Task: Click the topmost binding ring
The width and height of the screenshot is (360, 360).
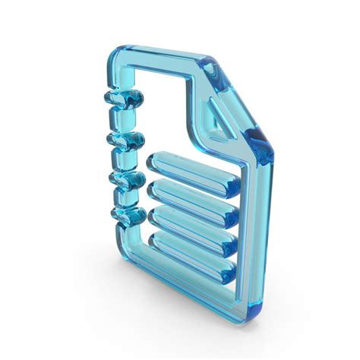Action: coord(122,98)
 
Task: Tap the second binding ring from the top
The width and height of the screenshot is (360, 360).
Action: coord(125,141)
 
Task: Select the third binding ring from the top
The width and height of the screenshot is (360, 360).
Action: coord(125,181)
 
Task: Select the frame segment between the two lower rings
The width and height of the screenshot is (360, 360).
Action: coord(122,198)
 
